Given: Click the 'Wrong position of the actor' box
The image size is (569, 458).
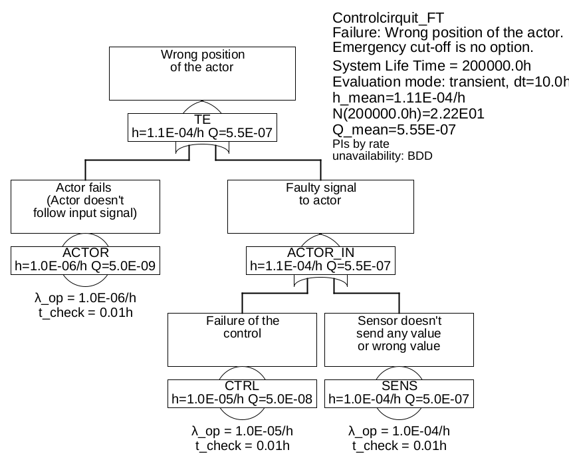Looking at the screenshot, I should pos(203,73).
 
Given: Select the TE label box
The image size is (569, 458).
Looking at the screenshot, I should pos(202,126).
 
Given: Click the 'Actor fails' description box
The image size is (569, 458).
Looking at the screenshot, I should pos(85,206).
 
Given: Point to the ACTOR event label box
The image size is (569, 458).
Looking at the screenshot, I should pos(85,260).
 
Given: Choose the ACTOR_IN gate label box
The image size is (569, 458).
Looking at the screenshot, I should pos(320,260).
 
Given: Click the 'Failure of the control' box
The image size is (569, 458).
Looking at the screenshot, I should pos(243,340).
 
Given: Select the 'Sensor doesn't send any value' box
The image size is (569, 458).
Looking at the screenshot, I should pos(399,340).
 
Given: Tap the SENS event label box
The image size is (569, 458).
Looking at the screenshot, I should pos(399,393).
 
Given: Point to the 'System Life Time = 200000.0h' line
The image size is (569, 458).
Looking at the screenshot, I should pos(431,66).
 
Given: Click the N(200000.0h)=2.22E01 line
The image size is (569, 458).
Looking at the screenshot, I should pos(408,114).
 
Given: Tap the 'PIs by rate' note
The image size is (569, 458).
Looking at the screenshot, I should pos(361,144).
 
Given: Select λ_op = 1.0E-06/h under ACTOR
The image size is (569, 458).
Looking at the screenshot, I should pos(85,298).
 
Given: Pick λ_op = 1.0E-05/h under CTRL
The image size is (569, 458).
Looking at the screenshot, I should pos(243,431).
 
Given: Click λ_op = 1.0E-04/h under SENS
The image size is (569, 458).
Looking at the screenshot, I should pos(399,431).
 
